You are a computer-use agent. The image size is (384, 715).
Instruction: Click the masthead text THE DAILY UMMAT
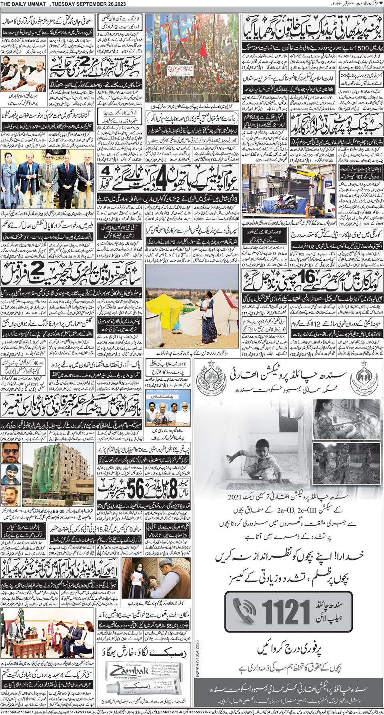tap(24, 4)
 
